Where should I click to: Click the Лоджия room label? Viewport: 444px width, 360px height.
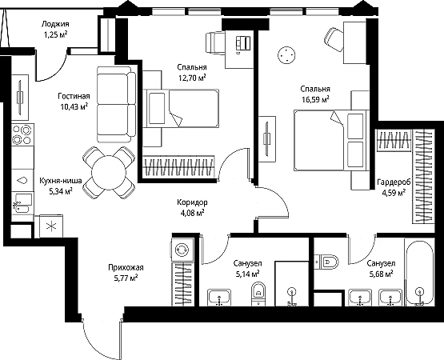55,24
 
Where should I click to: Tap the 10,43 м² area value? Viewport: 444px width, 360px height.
74,107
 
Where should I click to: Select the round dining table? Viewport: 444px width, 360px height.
109,172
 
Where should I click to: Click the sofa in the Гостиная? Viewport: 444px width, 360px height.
116,104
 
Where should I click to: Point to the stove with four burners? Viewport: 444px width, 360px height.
22,134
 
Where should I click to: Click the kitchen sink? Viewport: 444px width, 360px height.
22,202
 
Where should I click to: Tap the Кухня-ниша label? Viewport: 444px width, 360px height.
61,181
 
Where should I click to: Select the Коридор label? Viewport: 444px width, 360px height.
192,202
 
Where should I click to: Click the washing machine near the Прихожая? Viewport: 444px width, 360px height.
182,250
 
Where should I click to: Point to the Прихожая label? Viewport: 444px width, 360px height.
126,267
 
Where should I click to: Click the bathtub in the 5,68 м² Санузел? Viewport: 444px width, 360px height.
419,273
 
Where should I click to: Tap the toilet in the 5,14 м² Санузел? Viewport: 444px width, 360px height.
259,294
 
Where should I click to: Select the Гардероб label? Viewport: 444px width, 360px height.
394,182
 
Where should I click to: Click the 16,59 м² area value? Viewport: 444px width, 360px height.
315,100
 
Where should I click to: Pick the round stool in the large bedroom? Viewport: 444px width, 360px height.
286,55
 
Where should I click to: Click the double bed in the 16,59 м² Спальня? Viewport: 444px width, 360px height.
331,140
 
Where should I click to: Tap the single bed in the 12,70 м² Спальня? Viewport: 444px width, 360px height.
181,109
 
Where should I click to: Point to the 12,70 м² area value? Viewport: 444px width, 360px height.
192,78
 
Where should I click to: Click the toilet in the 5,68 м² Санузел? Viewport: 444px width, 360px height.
326,262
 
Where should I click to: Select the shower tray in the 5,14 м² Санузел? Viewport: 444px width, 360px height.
292,283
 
